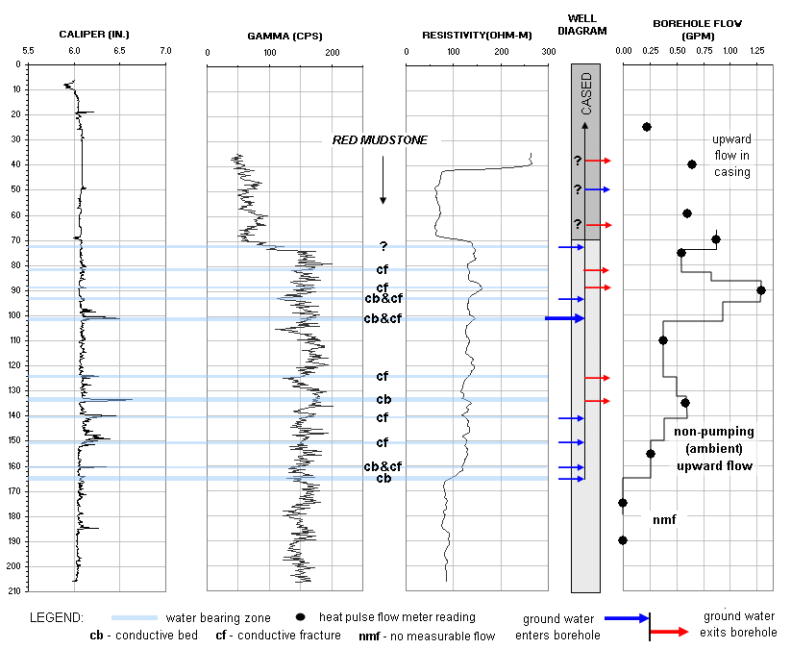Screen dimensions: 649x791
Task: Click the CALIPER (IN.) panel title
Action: click(x=94, y=35)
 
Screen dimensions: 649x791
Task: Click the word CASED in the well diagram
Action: click(x=586, y=94)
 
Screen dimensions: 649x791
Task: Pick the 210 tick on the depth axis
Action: click(x=15, y=589)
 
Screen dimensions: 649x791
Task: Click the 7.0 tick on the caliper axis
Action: click(x=165, y=50)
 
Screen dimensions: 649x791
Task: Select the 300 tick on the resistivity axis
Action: click(x=549, y=50)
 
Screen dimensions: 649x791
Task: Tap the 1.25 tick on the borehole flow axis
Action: click(x=756, y=50)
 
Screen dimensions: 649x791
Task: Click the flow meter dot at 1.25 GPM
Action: click(x=760, y=289)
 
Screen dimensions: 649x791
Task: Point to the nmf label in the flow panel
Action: click(x=664, y=520)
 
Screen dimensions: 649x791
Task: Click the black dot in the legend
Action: click(x=301, y=616)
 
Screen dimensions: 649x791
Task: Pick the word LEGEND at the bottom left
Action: click(x=57, y=616)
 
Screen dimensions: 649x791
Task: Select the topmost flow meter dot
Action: click(x=647, y=127)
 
